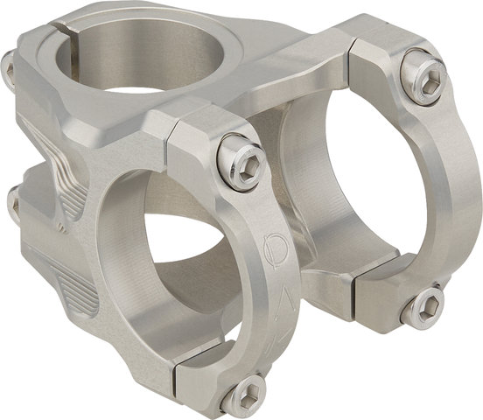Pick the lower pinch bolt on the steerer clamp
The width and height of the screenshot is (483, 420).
[x=12, y=203]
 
